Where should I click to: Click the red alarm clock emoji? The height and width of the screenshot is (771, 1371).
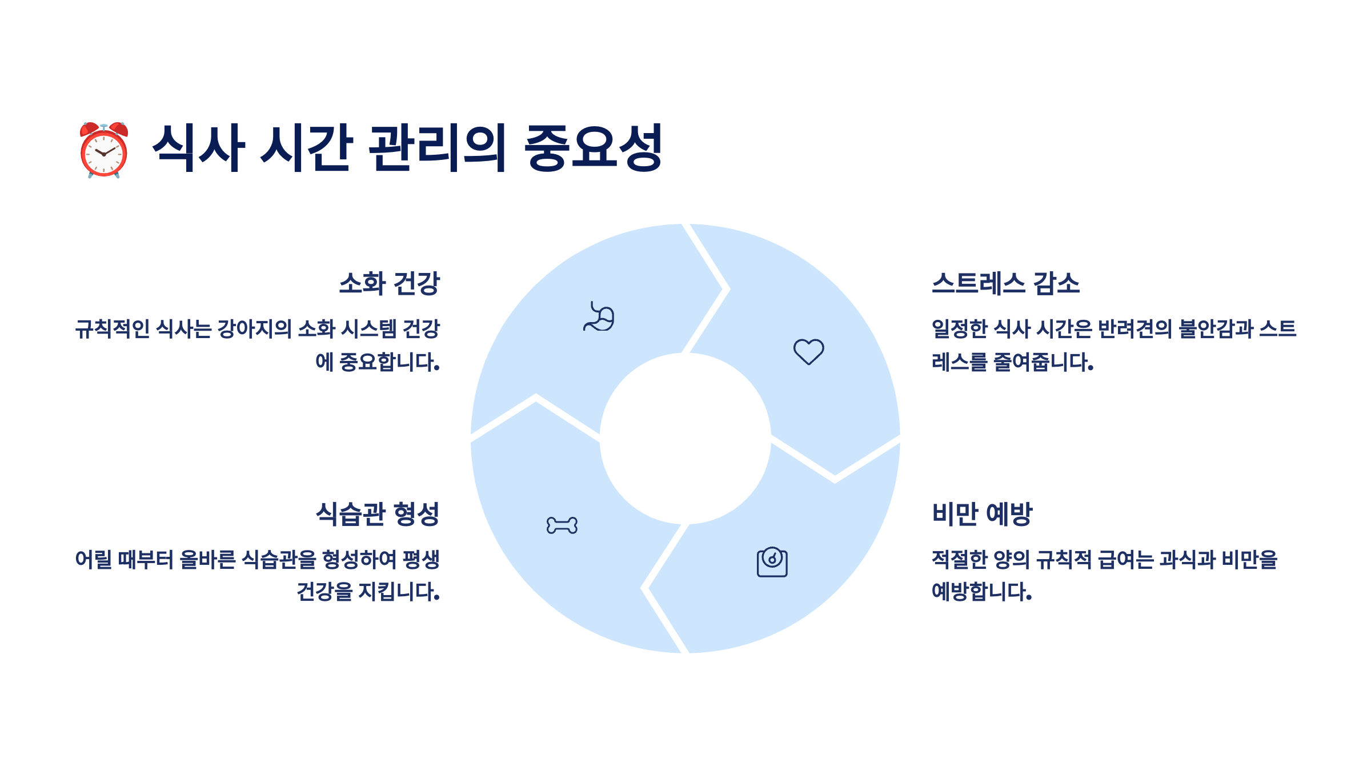click(103, 150)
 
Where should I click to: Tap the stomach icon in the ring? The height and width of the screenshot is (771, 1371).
click(599, 317)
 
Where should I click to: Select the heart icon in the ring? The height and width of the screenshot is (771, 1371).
click(808, 351)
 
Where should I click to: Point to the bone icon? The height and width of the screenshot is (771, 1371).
click(562, 525)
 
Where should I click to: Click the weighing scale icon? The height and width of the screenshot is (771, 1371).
click(772, 562)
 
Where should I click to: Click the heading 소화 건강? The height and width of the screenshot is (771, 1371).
click(389, 283)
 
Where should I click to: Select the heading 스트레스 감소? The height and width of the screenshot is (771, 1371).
click(1005, 283)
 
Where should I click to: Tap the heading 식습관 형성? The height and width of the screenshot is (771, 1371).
click(378, 513)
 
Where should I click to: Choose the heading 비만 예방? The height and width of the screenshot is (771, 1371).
click(982, 513)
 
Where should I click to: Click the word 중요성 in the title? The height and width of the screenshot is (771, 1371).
click(592, 148)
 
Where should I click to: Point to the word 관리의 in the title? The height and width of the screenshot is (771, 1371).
click(437, 148)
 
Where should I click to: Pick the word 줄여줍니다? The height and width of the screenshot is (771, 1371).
click(1043, 362)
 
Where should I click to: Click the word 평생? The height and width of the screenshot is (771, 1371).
click(421, 559)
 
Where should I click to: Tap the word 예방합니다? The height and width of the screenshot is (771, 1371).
click(981, 592)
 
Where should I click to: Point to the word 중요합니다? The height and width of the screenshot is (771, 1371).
click(389, 362)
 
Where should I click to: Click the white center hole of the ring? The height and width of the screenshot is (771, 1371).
click(685, 438)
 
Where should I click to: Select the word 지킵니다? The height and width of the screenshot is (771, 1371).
click(399, 592)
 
